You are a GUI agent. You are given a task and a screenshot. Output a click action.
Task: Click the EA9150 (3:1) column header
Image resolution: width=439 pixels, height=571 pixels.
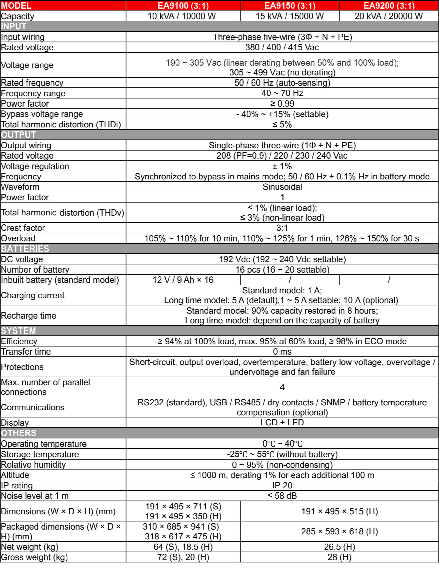pyautogui.click(x=290, y=5)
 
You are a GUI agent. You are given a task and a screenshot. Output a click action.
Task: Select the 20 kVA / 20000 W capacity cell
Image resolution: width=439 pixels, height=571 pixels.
pyautogui.click(x=388, y=16)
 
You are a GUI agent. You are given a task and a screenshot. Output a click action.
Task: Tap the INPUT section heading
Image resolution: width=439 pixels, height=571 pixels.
pyautogui.click(x=14, y=26)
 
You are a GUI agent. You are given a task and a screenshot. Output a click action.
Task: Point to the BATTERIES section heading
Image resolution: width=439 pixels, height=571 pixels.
pyautogui.click(x=25, y=248)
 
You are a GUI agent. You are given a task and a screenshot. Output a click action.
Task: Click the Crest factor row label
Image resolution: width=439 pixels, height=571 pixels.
pyautogui.click(x=23, y=228)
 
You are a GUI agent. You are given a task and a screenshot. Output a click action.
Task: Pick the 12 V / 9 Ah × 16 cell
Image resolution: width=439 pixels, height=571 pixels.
pyautogui.click(x=183, y=280)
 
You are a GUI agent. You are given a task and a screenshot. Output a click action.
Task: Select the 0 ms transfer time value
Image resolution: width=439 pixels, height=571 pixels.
pyautogui.click(x=282, y=351)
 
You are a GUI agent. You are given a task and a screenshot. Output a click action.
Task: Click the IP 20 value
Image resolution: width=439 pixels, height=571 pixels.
pyautogui.click(x=282, y=485)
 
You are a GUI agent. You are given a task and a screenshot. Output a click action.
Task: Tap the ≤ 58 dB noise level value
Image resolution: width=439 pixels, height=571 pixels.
pyautogui.click(x=282, y=496)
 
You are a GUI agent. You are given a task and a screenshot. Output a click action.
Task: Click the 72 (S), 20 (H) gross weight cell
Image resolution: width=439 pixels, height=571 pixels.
pyautogui.click(x=183, y=557)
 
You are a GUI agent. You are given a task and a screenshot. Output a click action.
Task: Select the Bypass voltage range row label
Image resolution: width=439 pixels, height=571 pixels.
pyautogui.click(x=42, y=114)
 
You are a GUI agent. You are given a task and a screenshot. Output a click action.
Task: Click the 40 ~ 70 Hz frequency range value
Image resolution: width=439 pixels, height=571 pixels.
pyautogui.click(x=282, y=93)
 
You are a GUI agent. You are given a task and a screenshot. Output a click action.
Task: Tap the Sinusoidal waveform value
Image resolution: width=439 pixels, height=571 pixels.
pyautogui.click(x=282, y=187)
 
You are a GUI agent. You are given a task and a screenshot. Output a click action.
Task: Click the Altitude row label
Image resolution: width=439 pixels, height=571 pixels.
pyautogui.click(x=15, y=475)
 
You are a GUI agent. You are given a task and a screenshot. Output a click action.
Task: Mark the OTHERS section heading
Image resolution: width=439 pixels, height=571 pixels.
pyautogui.click(x=19, y=433)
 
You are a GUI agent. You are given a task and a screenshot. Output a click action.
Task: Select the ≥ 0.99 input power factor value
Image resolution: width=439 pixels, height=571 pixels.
pyautogui.click(x=282, y=104)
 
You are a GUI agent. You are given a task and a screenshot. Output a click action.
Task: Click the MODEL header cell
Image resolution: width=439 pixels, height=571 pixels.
pyautogui.click(x=16, y=5)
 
